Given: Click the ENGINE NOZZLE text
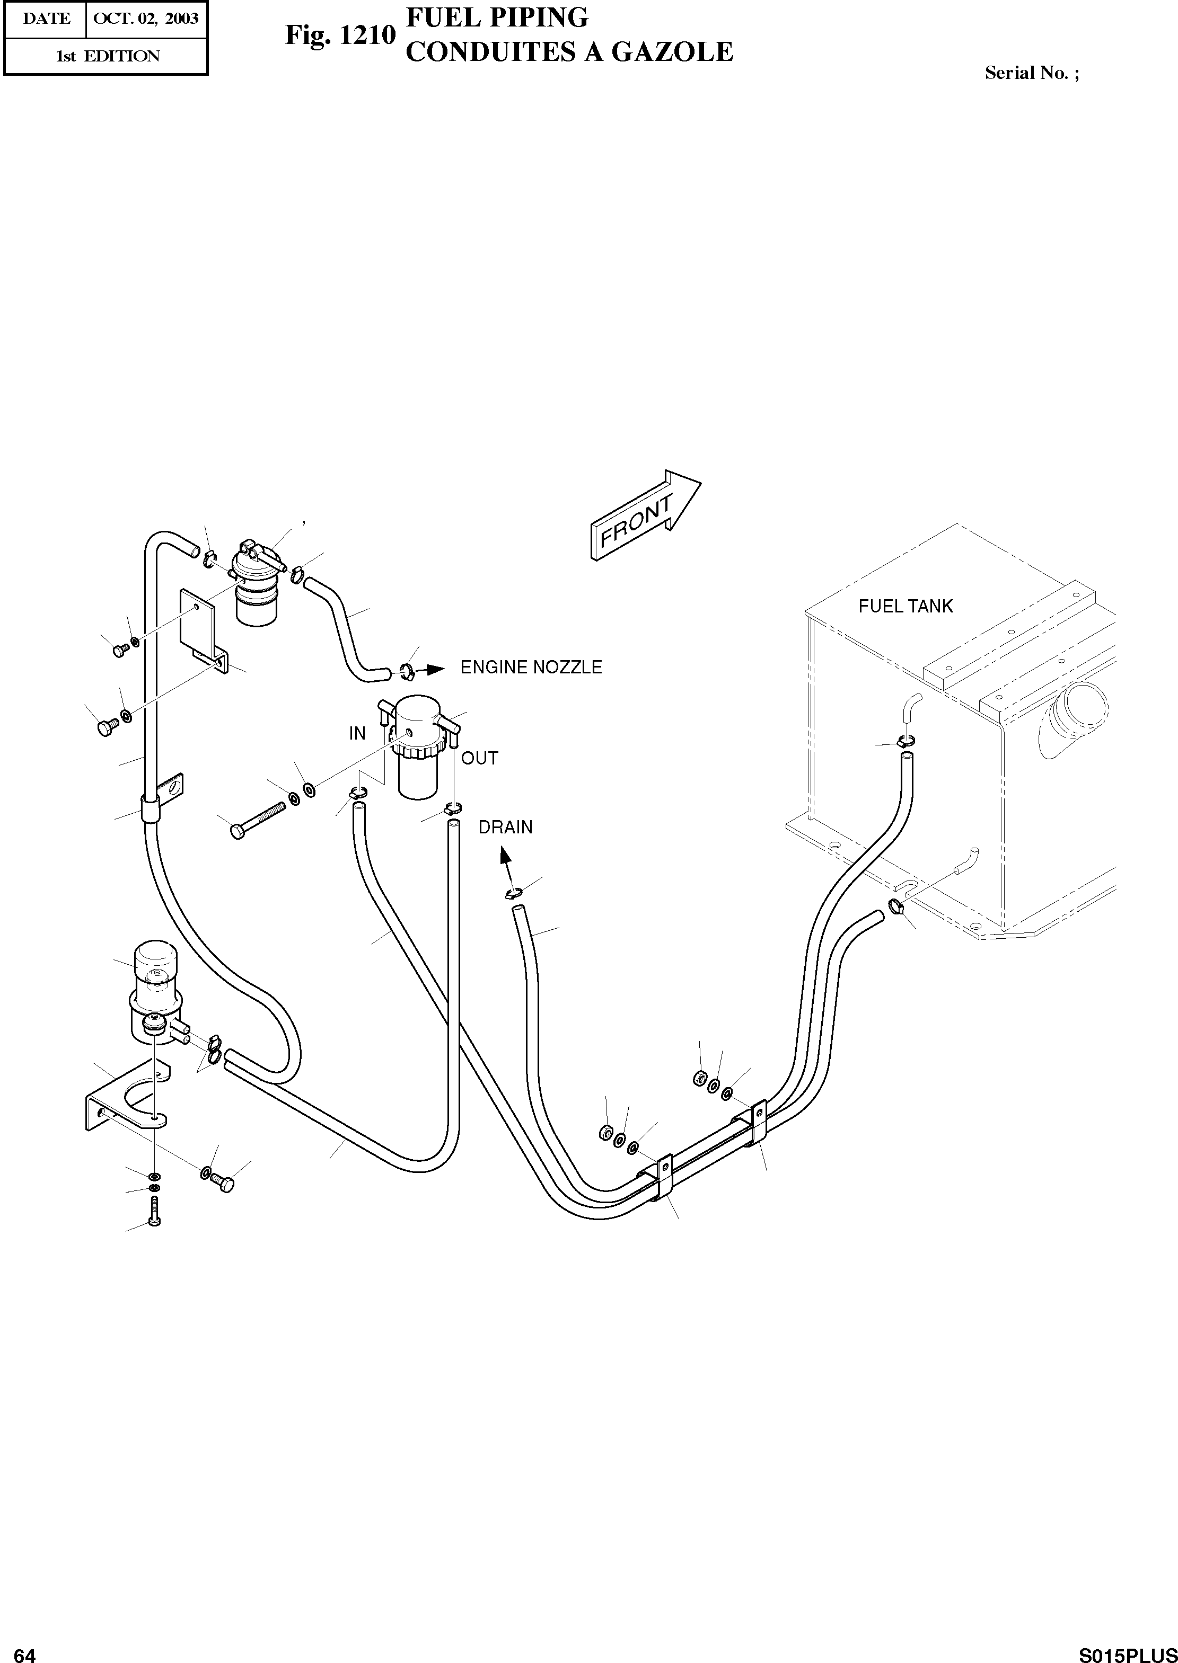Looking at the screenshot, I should click(531, 668).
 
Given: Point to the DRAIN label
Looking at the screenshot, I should click(506, 827).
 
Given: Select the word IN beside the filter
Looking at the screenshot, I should click(357, 734).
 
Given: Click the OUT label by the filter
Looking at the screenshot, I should click(479, 758).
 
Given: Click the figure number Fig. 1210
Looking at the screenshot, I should click(339, 35).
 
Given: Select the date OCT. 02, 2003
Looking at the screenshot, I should click(146, 18).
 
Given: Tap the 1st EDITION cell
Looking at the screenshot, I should click(107, 56).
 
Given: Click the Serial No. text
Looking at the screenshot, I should click(1031, 73).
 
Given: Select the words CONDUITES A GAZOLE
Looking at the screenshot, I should click(569, 51).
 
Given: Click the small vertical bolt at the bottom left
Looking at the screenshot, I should click(154, 1212).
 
